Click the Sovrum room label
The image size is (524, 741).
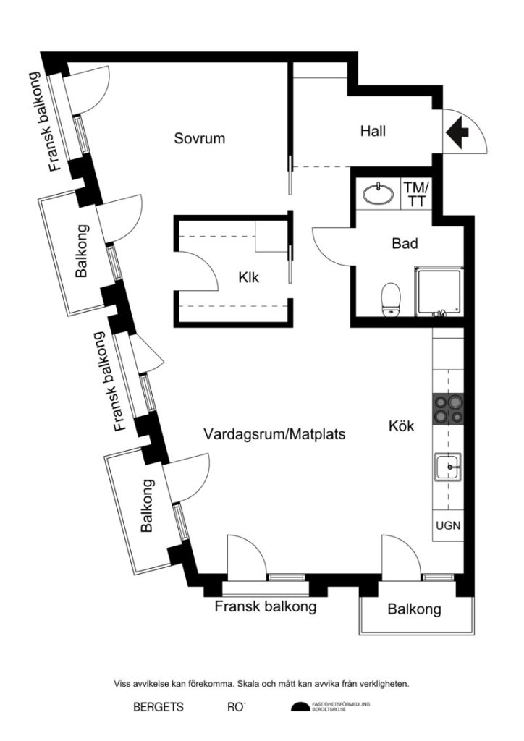[200, 138]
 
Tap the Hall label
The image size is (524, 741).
[373, 132]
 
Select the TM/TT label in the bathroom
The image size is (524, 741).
[415, 194]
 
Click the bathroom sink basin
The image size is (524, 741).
[376, 194]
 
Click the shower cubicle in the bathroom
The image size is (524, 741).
[437, 291]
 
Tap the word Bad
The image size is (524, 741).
[405, 244]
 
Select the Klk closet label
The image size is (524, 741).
[248, 276]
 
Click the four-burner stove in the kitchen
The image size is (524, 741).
[448, 409]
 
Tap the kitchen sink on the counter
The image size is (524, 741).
[448, 467]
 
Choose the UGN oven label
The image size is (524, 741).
[448, 526]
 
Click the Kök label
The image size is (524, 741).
[402, 427]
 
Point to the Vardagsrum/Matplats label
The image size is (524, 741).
[274, 436]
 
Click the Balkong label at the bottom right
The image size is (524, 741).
[414, 609]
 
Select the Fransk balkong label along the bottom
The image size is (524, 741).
[266, 606]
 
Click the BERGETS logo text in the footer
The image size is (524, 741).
[159, 707]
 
